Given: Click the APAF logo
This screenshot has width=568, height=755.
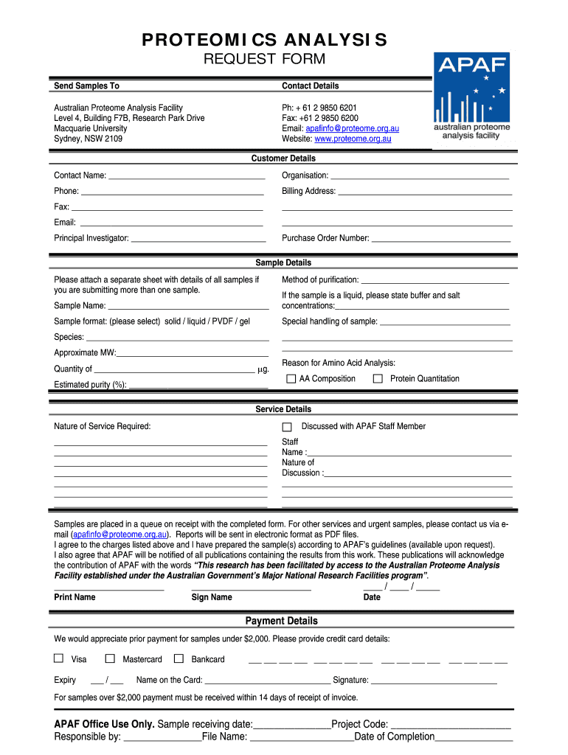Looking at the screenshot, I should coord(472,97).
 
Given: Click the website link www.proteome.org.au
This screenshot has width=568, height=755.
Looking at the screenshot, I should coord(353,139).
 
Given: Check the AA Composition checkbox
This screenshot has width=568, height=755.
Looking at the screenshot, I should coord(291,379).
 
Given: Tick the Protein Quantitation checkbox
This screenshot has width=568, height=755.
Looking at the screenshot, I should coord(378,379).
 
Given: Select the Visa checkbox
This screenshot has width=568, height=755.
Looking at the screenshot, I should coord(59,658).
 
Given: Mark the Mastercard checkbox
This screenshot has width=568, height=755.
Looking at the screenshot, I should coord(110,658).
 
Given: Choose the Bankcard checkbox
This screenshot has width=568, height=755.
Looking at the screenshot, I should coord(179,658).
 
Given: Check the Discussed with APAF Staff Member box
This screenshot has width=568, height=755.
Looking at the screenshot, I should coord(287,427).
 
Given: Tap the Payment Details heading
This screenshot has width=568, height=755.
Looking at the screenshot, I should coord(282,621).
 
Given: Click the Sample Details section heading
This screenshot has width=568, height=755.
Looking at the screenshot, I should coord(283,263).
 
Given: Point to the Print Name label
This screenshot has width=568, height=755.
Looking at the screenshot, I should coord(75,597).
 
